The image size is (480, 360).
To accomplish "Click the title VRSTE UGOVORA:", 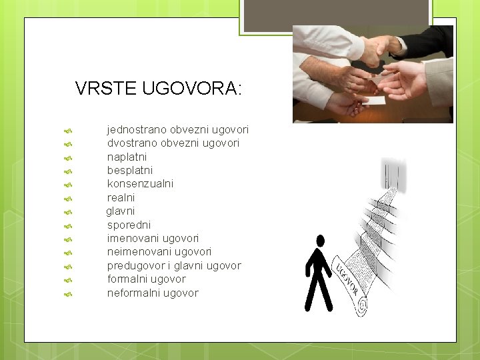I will (x=159, y=88).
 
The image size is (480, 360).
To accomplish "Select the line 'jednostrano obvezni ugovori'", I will (x=178, y=129).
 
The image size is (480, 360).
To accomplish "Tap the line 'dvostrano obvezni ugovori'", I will (x=173, y=143).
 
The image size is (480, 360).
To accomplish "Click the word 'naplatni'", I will (x=127, y=157).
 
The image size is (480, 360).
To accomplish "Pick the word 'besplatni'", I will (x=129, y=170).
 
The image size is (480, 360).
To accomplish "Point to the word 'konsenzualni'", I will (x=140, y=183).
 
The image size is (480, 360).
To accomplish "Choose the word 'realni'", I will (x=121, y=197).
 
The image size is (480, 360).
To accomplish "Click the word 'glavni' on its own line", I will (x=121, y=211).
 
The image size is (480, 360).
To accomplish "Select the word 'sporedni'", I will (x=129, y=225).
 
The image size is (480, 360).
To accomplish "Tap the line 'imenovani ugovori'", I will (x=153, y=238).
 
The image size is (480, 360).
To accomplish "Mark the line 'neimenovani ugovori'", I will (x=159, y=251).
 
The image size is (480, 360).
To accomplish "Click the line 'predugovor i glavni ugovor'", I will (x=174, y=265).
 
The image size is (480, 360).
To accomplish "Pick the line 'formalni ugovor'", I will (x=146, y=279).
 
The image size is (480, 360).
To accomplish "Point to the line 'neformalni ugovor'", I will (x=153, y=293).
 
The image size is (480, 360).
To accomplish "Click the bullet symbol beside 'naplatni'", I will (x=67, y=157).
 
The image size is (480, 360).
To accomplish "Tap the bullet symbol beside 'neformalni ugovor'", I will (x=67, y=293).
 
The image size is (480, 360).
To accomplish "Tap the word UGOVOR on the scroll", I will (x=347, y=279).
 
